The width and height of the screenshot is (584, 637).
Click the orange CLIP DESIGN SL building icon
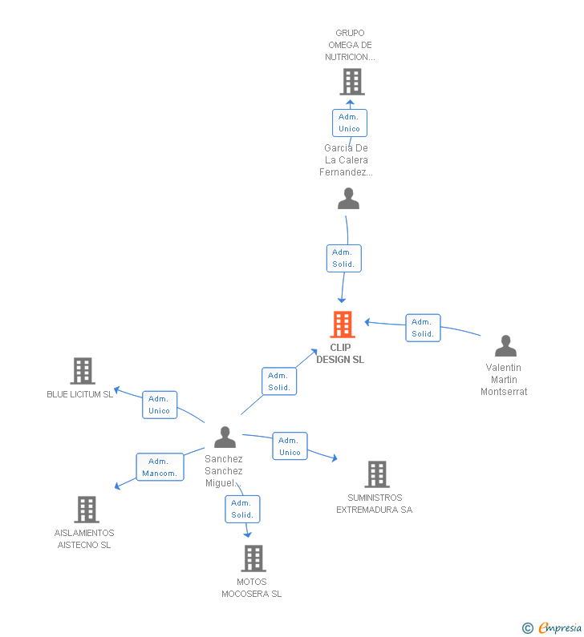click(x=343, y=325)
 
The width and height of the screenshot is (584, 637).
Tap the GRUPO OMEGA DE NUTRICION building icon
click(x=352, y=82)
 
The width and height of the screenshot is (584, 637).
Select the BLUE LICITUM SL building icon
click(x=83, y=371)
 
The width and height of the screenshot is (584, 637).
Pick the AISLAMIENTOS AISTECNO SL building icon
click(x=87, y=510)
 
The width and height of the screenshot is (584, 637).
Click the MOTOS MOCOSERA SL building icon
click(x=253, y=558)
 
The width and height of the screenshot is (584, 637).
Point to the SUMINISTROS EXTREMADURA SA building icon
click(x=377, y=474)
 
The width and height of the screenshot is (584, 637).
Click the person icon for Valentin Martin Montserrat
click(x=505, y=345)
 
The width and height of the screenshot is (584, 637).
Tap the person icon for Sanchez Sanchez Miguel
click(x=225, y=437)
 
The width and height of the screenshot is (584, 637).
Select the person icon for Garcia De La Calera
click(x=348, y=198)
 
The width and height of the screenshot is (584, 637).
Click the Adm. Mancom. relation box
click(x=160, y=467)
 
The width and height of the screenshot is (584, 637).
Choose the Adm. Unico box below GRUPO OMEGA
click(x=350, y=123)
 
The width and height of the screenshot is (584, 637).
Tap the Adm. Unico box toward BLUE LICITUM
click(x=160, y=405)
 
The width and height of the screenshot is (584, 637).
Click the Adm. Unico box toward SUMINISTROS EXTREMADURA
click(x=290, y=446)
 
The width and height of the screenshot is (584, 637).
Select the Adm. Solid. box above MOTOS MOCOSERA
click(x=242, y=509)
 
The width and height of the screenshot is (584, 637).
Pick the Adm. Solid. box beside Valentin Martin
click(x=423, y=328)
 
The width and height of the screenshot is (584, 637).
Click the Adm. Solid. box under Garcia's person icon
click(x=344, y=258)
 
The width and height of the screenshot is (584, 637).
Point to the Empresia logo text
click(x=560, y=627)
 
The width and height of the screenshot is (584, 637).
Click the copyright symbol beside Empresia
click(x=528, y=628)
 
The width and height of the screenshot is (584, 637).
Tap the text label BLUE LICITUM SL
click(x=79, y=394)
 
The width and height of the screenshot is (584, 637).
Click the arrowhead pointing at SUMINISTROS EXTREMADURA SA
click(x=335, y=458)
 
